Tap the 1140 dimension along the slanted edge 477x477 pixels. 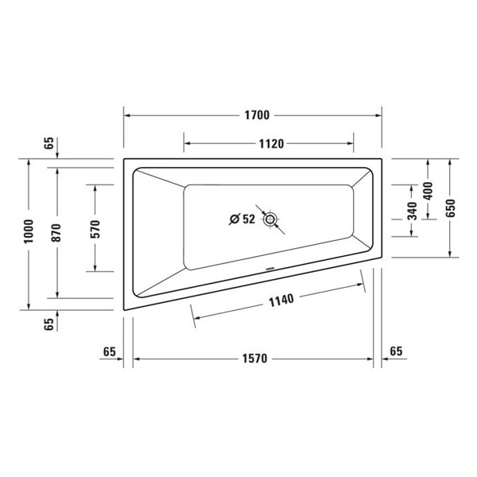[x=280, y=300]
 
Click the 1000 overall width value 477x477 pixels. [x=29, y=235]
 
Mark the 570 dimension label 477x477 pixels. [x=95, y=228]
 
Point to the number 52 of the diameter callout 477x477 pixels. [x=248, y=219]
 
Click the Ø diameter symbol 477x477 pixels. [x=235, y=219]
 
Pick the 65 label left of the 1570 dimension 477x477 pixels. [x=110, y=351]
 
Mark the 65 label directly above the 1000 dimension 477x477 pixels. [x=49, y=144]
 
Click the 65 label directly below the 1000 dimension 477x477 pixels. [x=49, y=324]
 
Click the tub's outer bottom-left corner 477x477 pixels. [x=123, y=308]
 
